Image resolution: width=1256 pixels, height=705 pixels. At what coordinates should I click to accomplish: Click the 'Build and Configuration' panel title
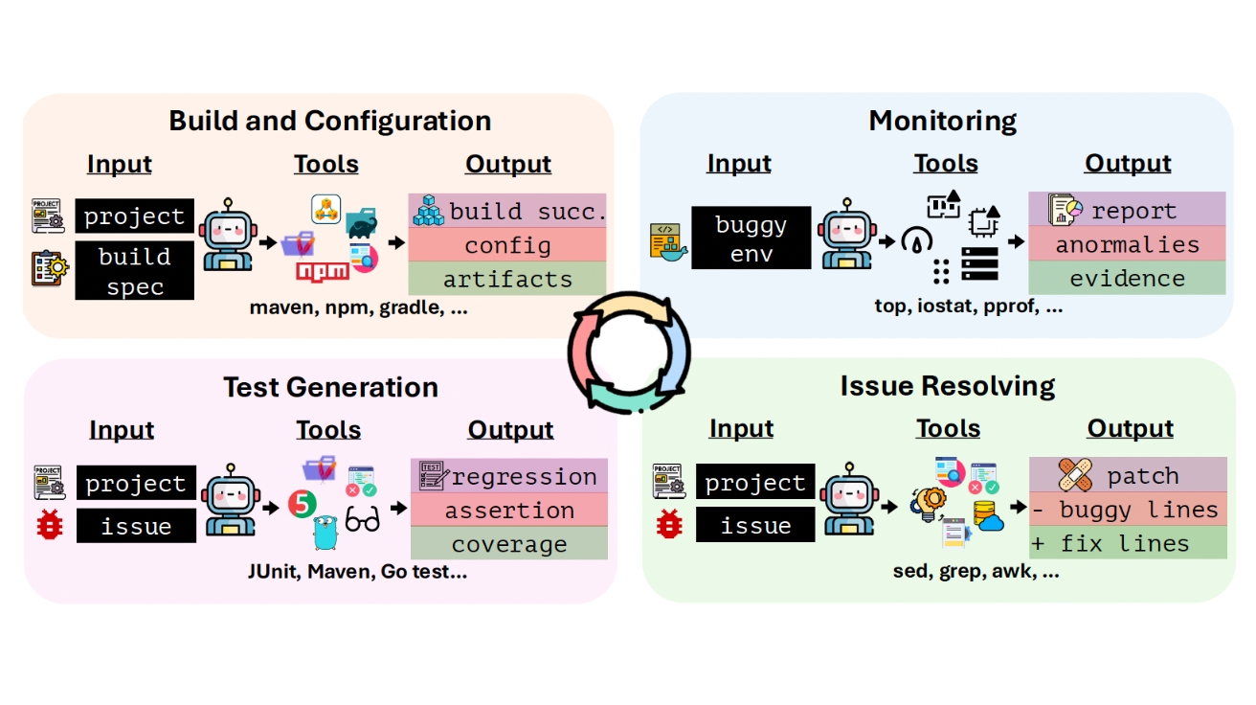[x=329, y=121]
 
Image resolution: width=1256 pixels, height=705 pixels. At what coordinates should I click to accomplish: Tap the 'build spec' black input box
[x=135, y=271]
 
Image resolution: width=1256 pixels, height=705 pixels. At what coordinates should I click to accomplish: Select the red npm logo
[x=322, y=271]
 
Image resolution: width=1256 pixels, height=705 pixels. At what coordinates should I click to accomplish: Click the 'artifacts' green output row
[x=507, y=280]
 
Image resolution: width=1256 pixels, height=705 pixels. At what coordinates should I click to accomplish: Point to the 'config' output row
[x=507, y=245]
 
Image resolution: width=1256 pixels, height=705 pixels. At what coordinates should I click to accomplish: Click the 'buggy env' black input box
[x=751, y=239]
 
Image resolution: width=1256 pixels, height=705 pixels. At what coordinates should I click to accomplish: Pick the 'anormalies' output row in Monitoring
[x=1127, y=244]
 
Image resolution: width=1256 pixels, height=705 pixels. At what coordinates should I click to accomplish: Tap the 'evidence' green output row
[x=1127, y=279]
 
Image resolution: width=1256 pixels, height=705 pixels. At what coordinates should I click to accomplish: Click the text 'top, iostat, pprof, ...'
[x=968, y=307]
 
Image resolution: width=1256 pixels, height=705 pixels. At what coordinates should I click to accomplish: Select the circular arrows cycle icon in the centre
[x=627, y=352]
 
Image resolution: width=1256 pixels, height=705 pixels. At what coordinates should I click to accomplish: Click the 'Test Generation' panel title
[x=330, y=387]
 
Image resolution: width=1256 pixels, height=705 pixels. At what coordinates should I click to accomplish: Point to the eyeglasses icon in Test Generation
[x=362, y=520]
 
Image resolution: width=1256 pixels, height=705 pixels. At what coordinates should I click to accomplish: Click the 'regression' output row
[x=509, y=476]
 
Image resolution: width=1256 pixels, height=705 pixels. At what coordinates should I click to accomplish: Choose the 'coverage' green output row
[x=509, y=544]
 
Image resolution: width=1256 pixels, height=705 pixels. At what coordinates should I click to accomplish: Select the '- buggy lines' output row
[x=1128, y=510]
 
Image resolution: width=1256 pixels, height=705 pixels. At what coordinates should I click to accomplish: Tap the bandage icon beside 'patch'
[x=1075, y=474]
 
